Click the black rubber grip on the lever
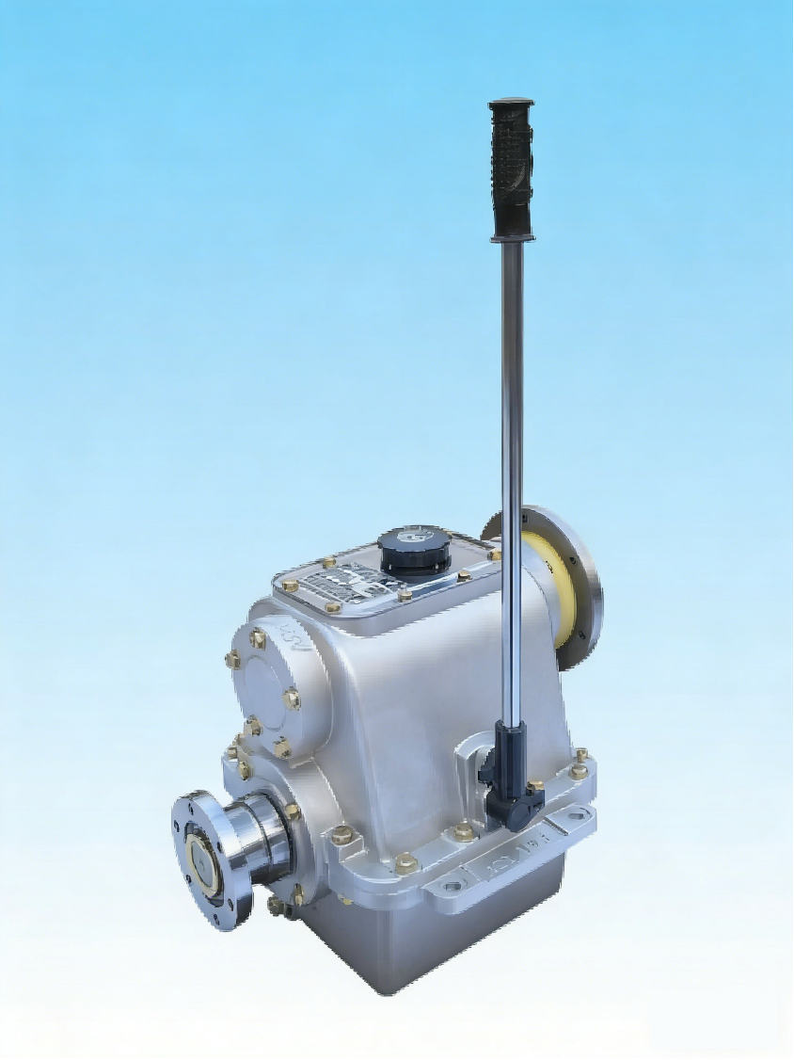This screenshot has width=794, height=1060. point(512,169)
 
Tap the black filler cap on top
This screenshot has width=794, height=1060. point(414,548)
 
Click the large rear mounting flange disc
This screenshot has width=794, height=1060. point(574,584)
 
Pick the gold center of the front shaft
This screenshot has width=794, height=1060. point(201,862)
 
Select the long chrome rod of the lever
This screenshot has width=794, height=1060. point(513,471)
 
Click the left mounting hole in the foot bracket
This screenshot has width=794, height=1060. point(453,886)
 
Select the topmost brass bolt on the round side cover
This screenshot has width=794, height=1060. point(258,638)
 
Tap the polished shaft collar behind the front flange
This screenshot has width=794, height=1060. point(259,838)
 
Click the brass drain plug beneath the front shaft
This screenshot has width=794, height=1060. point(276,906)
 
